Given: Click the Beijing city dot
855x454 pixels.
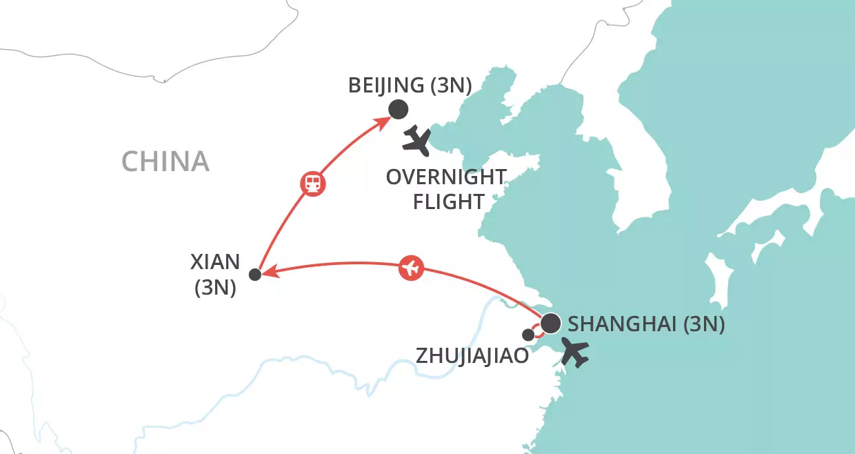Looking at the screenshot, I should click(x=398, y=109).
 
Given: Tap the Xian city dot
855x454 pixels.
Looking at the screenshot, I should click(x=254, y=275).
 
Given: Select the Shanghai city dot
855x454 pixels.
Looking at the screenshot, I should click(x=551, y=323).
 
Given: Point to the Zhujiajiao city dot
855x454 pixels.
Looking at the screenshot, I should click(x=528, y=335).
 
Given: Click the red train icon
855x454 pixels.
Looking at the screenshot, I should click(x=312, y=183).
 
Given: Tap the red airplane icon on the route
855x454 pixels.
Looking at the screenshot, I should click(x=411, y=268).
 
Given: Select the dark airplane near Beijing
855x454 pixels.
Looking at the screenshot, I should click(x=416, y=141).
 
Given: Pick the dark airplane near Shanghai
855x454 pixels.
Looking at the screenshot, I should click(x=575, y=352).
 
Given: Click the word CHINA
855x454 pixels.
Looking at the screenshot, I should click(x=165, y=161).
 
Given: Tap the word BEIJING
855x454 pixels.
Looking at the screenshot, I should click(x=385, y=86).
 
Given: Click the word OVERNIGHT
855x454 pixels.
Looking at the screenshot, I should click(x=446, y=177).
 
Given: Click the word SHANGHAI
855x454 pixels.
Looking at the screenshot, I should click(x=622, y=324).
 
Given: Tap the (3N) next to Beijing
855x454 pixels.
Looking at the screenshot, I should click(x=450, y=86).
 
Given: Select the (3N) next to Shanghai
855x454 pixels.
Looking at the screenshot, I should click(x=704, y=324).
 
